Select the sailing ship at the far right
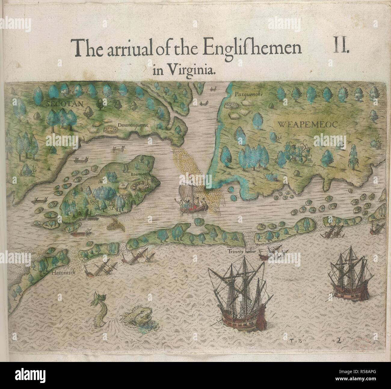point(349,277)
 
